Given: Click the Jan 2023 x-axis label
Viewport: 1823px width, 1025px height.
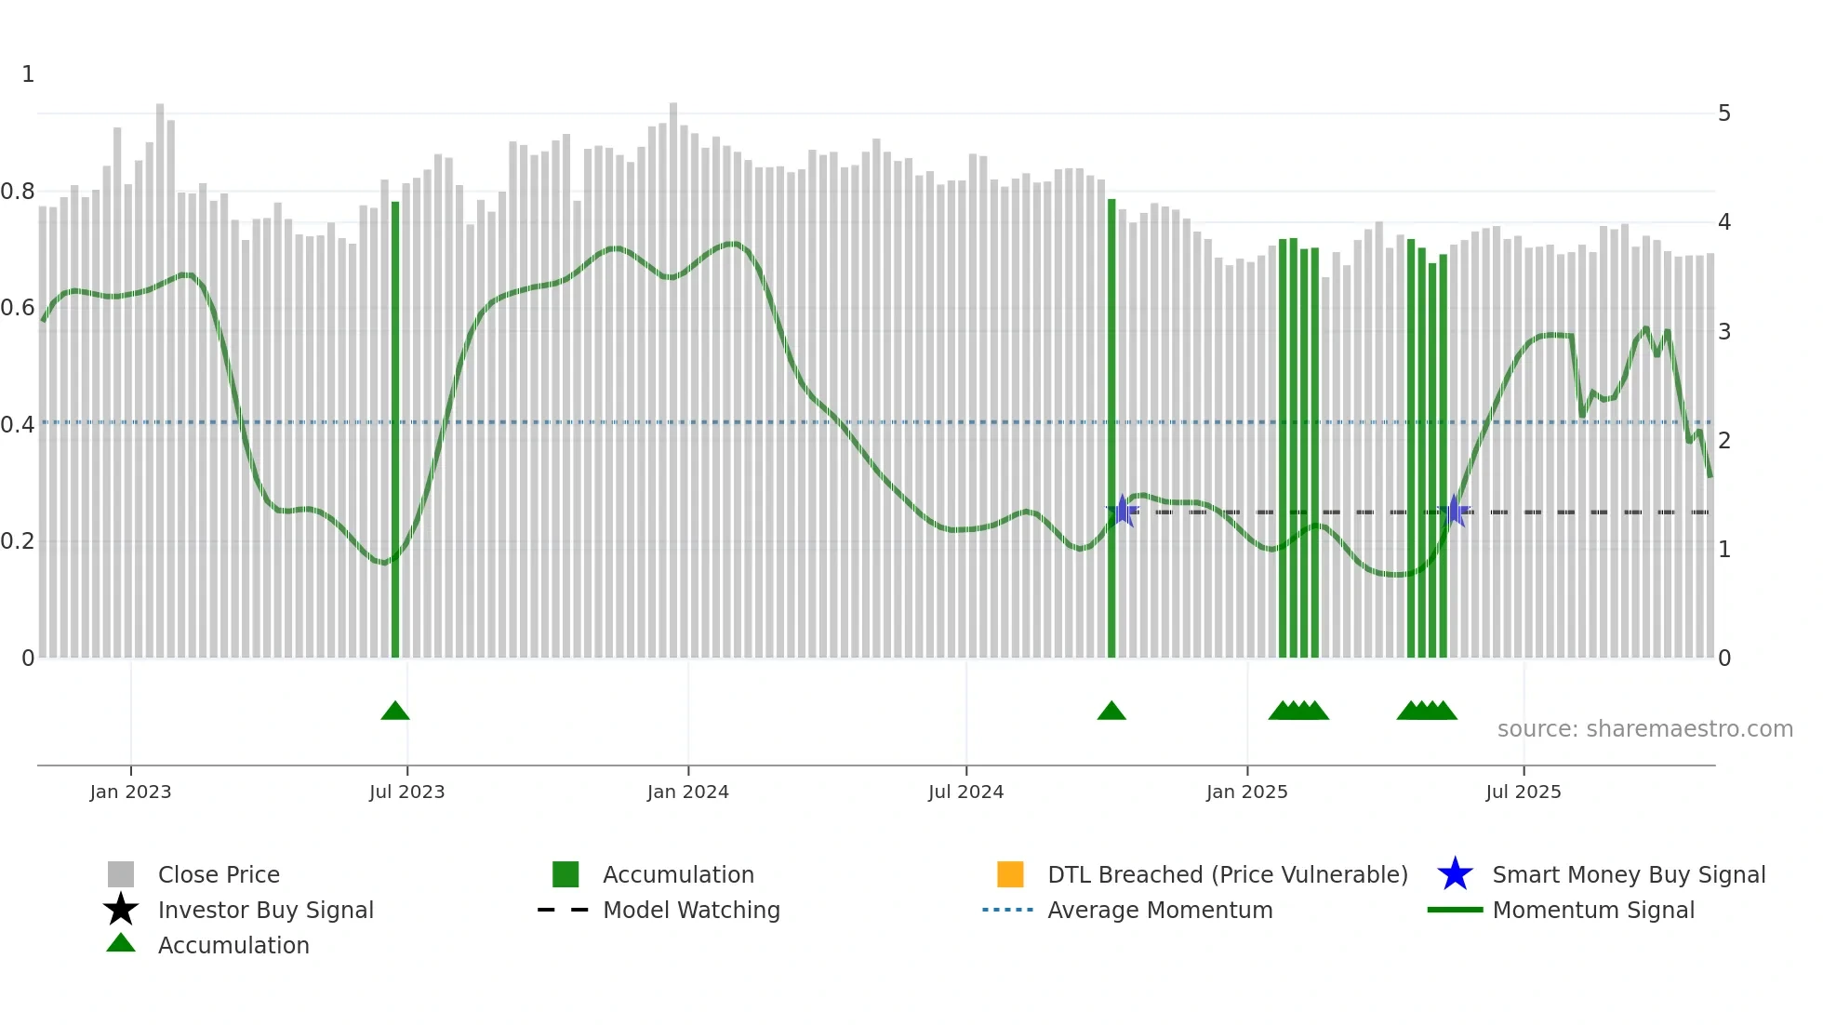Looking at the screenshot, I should coord(130,792).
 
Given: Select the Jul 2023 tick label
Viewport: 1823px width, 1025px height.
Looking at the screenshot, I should coord(406,792).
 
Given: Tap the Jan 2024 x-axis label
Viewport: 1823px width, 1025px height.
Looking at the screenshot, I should coord(687,792).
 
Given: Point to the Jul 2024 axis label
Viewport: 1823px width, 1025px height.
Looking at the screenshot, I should coord(965,792).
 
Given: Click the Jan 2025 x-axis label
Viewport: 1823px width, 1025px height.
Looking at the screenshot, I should coord(1246,792).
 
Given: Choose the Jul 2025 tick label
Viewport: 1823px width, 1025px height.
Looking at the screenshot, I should coord(1523,792).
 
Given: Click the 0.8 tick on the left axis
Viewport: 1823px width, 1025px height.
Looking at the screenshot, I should coord(18,192).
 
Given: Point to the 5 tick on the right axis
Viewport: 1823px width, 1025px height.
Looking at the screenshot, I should coord(1724,113).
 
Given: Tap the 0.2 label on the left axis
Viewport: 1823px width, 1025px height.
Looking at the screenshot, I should coord(18,541).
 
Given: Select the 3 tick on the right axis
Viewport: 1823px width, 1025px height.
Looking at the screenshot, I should coord(1724,332).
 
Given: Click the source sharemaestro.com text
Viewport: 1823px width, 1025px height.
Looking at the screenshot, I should coord(1644,729).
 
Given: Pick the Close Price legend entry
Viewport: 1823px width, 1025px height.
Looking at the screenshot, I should coord(219,874).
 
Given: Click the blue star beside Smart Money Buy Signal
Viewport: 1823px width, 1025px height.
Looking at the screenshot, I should coord(1455,874).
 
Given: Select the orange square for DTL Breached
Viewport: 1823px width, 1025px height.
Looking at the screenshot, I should coord(1010,874).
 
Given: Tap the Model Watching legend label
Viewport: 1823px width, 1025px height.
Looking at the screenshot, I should coord(691,910).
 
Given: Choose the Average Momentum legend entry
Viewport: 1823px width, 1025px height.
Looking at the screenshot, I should coord(1160,910).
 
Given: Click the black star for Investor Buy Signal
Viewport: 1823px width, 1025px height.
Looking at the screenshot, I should coord(121,910).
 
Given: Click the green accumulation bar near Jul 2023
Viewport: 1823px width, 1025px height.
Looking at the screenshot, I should coord(395,428).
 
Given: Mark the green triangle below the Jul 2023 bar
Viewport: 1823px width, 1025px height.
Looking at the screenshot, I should coord(395,712).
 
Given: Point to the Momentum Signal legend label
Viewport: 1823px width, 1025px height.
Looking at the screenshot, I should coord(1593,910).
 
